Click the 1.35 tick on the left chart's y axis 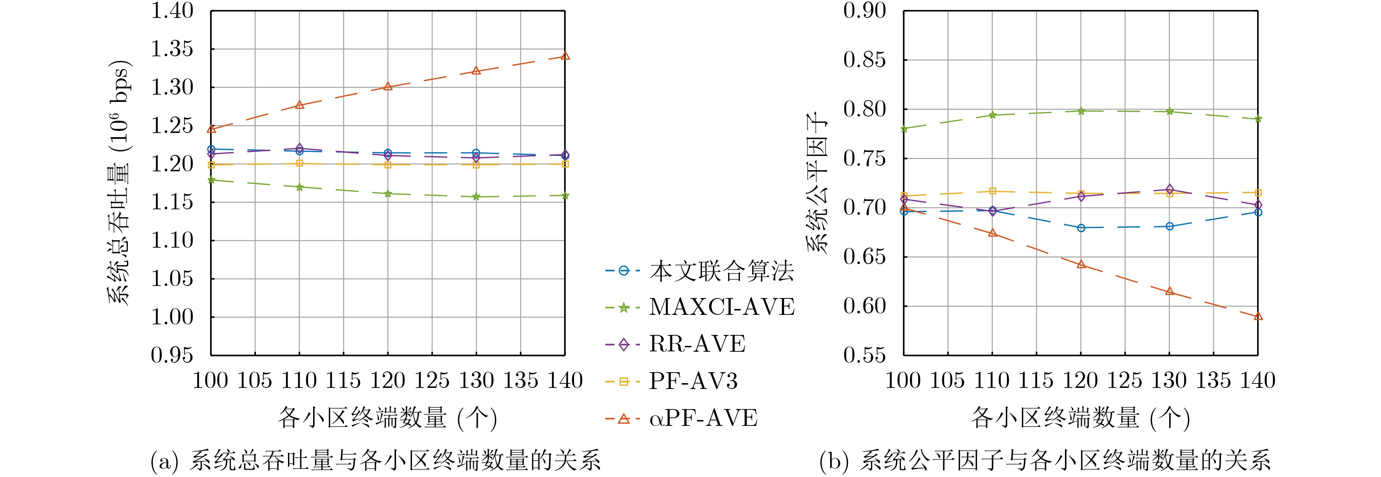(172, 49)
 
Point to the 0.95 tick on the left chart (172, 355)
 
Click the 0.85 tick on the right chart (864, 60)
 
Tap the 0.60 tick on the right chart (864, 306)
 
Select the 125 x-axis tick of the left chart (431, 381)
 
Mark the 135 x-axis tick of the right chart (1213, 381)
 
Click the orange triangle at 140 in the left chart (564, 56)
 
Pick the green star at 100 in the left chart (211, 180)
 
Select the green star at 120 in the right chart (1081, 111)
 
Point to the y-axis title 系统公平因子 (816, 182)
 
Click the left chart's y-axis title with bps (119, 182)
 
